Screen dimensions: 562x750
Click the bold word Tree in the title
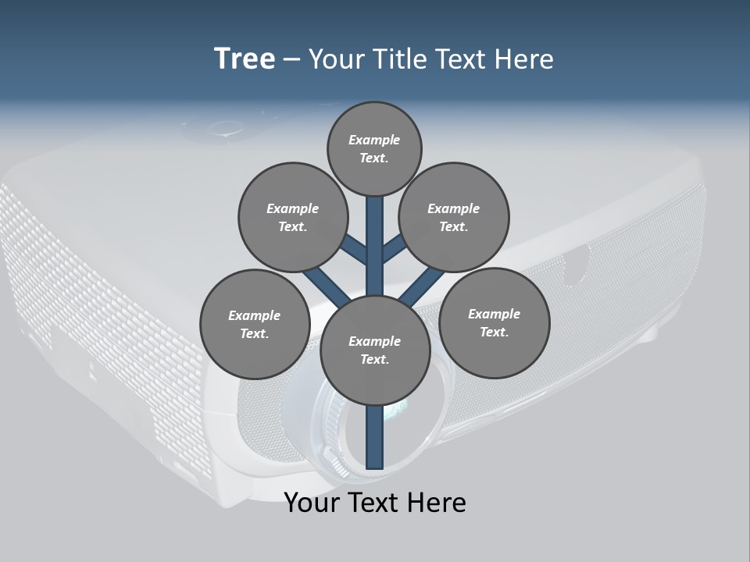(245, 59)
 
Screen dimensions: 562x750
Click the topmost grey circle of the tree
(374, 148)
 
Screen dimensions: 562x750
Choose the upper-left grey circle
(292, 217)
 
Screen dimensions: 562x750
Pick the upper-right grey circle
(454, 217)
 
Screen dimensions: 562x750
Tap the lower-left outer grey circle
(255, 324)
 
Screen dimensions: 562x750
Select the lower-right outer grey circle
(494, 322)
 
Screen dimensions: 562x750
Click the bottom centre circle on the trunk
(375, 350)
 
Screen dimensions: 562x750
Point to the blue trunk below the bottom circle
(375, 437)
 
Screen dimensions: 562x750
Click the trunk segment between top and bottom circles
(375, 246)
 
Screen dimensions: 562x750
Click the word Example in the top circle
(374, 140)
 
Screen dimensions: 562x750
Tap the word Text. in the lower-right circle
(494, 332)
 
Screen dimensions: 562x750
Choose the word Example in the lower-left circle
(255, 315)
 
